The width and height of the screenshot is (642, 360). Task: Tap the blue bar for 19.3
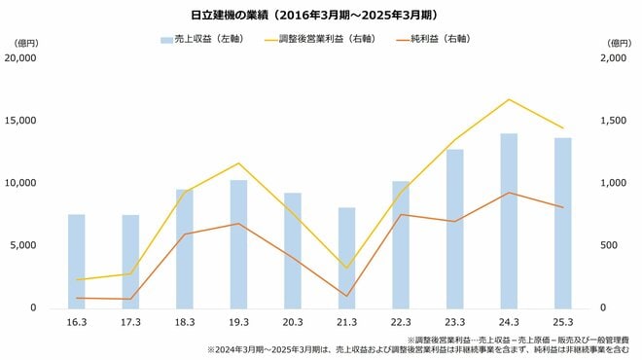238,244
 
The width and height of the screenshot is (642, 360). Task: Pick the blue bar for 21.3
346,258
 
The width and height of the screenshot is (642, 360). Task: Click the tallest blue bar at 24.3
509,221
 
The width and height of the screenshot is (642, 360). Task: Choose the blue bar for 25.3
562,223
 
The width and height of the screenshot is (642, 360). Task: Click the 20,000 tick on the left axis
21,58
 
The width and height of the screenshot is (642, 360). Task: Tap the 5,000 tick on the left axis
24,245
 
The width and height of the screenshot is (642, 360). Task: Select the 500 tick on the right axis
614,245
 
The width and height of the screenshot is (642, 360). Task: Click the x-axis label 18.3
184,322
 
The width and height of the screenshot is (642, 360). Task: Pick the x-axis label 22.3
401,322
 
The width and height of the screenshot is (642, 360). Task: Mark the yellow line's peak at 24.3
509,99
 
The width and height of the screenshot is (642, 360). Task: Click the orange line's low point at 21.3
346,296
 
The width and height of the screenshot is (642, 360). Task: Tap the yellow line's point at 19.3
238,162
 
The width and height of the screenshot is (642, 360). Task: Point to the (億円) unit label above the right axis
619,43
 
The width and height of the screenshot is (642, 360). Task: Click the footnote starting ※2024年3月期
418,348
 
